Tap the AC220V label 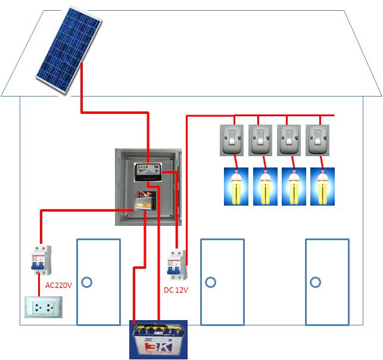[x=58, y=285]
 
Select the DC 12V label [x=176, y=290]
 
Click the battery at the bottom [x=158, y=340]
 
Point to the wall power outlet [x=42, y=306]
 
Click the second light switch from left [x=260, y=140]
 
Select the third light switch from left [x=288, y=140]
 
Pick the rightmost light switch [x=317, y=140]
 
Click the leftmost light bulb [x=236, y=187]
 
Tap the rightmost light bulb [x=322, y=187]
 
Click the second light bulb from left [x=265, y=187]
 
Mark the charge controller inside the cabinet [x=147, y=172]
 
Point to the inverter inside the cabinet [x=145, y=200]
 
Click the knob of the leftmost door [x=87, y=281]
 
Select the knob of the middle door [x=210, y=281]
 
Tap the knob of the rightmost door [x=316, y=281]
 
